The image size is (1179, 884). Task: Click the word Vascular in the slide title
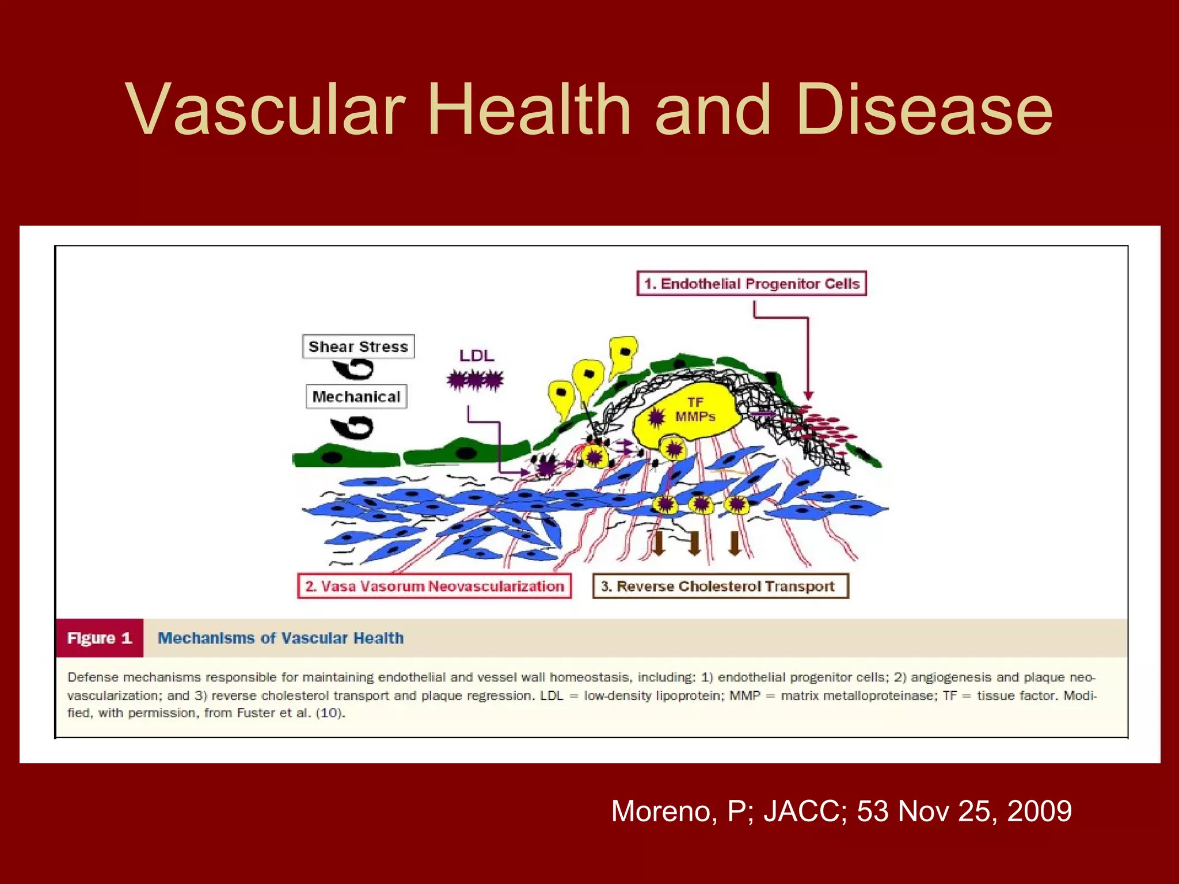[265, 109]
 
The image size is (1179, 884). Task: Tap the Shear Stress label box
[358, 346]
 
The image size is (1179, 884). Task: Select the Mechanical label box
[356, 397]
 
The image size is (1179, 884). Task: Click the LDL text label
[476, 356]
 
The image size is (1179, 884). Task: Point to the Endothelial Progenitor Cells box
[751, 283]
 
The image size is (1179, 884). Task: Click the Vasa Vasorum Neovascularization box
[435, 586]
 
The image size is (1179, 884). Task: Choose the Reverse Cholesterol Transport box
[720, 586]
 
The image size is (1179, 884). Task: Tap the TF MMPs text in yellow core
[695, 409]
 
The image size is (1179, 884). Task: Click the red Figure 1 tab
[100, 638]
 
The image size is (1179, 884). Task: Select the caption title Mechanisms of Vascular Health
[280, 638]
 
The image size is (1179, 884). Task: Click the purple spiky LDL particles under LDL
[475, 380]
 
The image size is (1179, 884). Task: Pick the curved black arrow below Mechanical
[352, 428]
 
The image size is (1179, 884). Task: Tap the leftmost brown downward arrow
[659, 543]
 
